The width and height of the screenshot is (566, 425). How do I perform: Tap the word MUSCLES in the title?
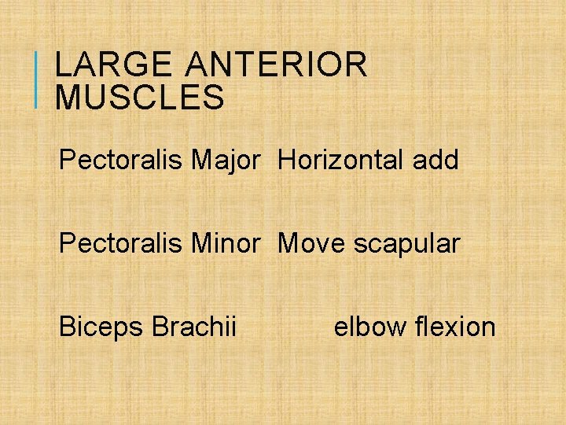140,98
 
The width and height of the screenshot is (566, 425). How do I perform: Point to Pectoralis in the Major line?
121,161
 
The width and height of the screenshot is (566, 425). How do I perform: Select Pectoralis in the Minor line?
121,243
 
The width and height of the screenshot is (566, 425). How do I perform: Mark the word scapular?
406,245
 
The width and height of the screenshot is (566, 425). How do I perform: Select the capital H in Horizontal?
286,161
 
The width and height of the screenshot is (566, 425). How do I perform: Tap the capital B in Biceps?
67,326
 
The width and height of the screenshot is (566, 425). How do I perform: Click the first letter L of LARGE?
62,65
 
